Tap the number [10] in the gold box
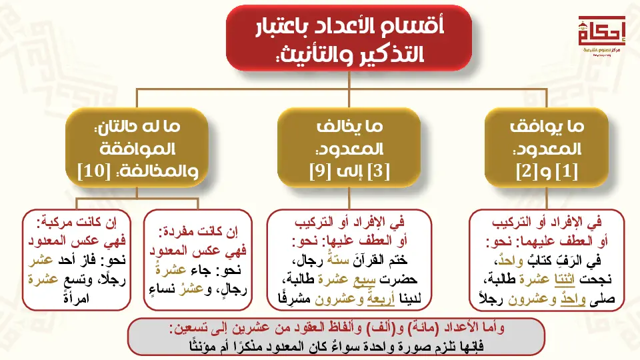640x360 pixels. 94,171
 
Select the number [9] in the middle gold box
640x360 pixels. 320,171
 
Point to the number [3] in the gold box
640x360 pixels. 379,171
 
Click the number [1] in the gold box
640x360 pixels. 567,171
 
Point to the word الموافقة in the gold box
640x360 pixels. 137,149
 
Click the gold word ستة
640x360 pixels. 338,259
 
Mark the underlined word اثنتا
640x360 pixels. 565,279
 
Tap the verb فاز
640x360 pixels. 88,260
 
